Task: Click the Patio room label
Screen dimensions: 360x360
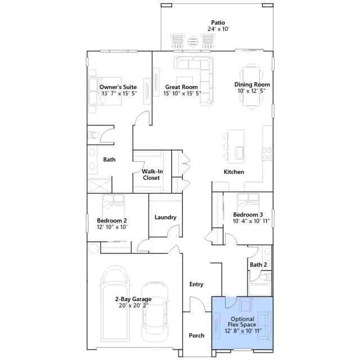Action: pyautogui.click(x=218, y=22)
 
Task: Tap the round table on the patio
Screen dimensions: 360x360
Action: pyautogui.click(x=192, y=41)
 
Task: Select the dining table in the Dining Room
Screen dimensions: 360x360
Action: pyautogui.click(x=251, y=86)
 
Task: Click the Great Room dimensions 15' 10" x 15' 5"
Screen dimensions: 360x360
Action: pyautogui.click(x=182, y=93)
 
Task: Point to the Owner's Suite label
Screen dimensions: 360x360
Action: pyautogui.click(x=118, y=87)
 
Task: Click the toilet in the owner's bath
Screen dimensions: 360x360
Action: pyautogui.click(x=93, y=135)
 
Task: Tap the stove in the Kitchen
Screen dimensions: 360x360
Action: pyautogui.click(x=267, y=154)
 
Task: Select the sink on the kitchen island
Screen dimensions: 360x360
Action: pyautogui.click(x=240, y=152)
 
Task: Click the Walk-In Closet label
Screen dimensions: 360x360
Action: pyautogui.click(x=152, y=174)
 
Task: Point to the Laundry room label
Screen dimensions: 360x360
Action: pyautogui.click(x=165, y=217)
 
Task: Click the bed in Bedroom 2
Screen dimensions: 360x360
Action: pyautogui.click(x=114, y=205)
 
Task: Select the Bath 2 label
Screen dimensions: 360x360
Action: pyautogui.click(x=258, y=265)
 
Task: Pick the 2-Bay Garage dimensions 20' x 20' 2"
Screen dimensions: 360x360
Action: pyautogui.click(x=134, y=305)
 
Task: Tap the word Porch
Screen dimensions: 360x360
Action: pyautogui.click(x=196, y=335)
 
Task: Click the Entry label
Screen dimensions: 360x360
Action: pyautogui.click(x=196, y=284)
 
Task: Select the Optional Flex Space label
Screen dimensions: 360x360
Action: pyautogui.click(x=242, y=322)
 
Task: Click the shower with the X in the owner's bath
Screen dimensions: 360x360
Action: pyautogui.click(x=100, y=186)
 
